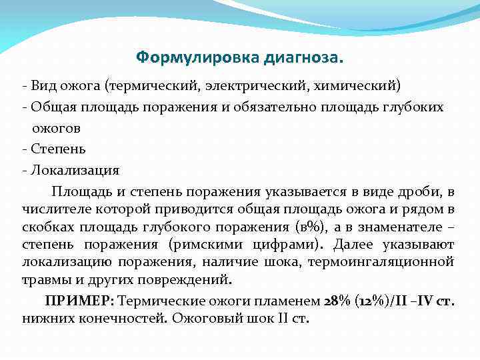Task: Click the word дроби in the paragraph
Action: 421,192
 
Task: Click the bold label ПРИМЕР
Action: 71,300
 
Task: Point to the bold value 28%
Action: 338,300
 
